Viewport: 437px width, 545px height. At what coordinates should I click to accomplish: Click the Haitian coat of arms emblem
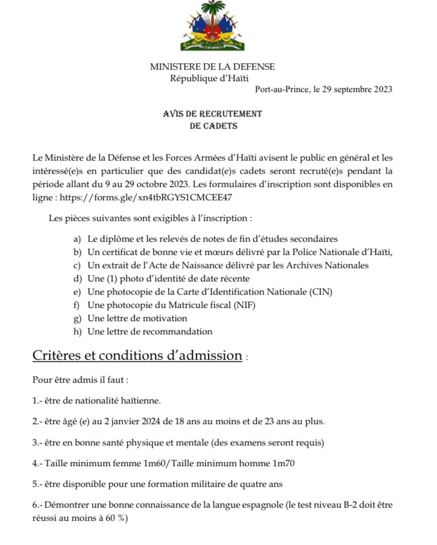coord(212,26)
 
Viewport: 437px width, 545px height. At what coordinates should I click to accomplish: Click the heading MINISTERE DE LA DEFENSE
coord(212,67)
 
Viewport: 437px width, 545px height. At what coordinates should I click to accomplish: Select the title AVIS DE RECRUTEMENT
coord(212,114)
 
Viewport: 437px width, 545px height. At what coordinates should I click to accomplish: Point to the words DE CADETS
coord(213,126)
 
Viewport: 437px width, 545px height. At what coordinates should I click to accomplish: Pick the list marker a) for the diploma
coord(77,239)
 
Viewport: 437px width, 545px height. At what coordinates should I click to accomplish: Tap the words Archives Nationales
coord(326,265)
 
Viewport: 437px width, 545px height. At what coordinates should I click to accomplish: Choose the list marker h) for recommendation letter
coord(77,331)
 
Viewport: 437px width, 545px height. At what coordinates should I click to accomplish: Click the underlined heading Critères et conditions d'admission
coord(137,356)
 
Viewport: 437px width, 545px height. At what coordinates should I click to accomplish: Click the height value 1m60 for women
coord(131,463)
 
